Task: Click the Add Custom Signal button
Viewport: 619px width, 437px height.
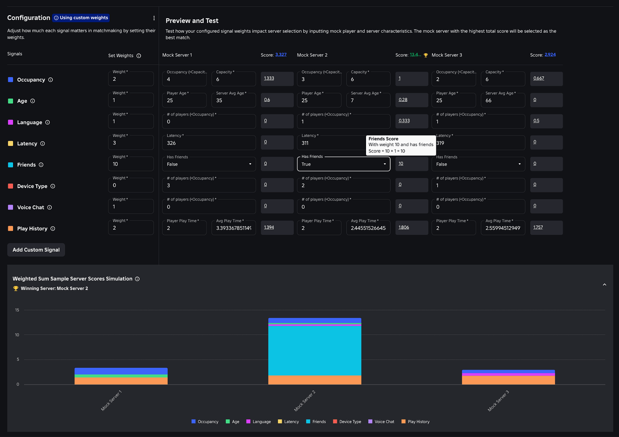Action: (x=36, y=250)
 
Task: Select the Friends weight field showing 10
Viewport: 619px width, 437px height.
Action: (x=131, y=164)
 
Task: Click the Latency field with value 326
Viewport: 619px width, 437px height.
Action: (x=209, y=143)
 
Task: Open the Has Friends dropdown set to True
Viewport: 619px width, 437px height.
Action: (x=343, y=164)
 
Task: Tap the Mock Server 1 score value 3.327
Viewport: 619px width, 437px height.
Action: (x=281, y=55)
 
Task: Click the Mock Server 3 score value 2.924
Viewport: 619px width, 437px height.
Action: (x=550, y=55)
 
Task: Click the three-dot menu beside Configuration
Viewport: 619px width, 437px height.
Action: (x=154, y=18)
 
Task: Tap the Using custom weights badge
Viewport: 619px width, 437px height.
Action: (x=81, y=18)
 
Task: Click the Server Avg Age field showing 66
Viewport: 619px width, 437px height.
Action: (x=502, y=101)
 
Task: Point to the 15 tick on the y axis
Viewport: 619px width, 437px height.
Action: (x=17, y=310)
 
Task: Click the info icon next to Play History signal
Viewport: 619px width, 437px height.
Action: (x=53, y=228)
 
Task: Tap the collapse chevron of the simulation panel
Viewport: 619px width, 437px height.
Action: (x=604, y=284)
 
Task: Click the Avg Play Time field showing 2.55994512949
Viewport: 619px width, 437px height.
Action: (x=502, y=228)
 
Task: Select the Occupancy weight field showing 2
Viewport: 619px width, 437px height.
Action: (x=131, y=79)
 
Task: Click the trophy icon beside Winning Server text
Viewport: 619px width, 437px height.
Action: (x=16, y=288)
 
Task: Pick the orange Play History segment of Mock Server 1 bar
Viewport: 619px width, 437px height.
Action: (x=121, y=381)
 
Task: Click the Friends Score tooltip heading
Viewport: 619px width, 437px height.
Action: (x=383, y=139)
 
